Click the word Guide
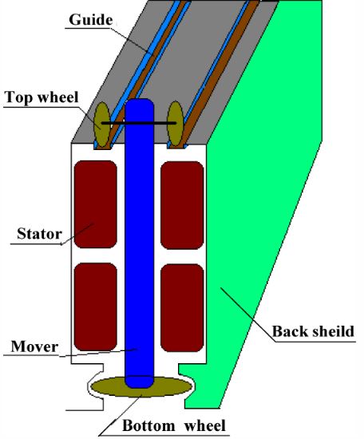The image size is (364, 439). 91,21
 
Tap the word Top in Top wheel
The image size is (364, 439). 18,98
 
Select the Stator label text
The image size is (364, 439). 39,234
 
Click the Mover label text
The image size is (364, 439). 34,346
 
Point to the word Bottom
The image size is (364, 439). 148,425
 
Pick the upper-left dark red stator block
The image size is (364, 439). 96,204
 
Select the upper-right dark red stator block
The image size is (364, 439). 182,205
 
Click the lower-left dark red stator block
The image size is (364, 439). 96,307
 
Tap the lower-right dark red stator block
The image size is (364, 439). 182,308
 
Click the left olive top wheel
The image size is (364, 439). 102,125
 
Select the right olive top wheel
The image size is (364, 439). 176,124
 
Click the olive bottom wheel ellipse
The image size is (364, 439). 141,386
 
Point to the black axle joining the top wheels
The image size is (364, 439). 139,123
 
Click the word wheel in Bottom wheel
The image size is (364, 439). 205,425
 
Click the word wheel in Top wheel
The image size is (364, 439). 57,97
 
